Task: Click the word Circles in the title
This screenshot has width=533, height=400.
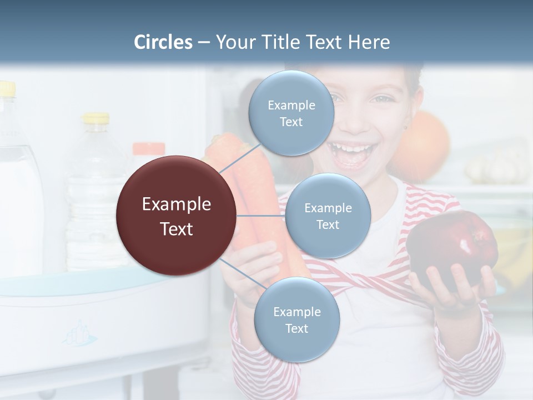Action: [x=163, y=42]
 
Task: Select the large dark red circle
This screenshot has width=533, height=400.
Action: [x=177, y=216]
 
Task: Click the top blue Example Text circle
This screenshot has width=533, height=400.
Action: [x=291, y=113]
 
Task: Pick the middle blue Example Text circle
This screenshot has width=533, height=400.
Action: [x=328, y=216]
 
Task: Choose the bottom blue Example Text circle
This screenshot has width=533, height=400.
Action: [x=296, y=320]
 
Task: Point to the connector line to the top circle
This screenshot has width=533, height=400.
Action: [x=240, y=159]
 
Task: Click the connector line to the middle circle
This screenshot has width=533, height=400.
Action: [x=261, y=216]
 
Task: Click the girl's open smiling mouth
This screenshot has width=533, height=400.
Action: [x=351, y=153]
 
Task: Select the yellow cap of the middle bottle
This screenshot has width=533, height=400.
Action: [x=96, y=118]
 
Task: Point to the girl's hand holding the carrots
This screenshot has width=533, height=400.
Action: [x=255, y=267]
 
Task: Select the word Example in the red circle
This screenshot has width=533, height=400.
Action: [x=177, y=204]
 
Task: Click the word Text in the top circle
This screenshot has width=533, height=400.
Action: [x=291, y=122]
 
